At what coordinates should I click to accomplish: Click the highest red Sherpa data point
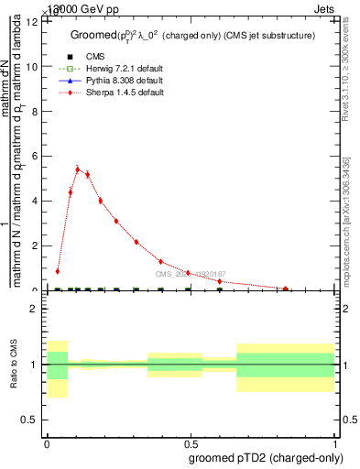[77, 169]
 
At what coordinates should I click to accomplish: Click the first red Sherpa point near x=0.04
[58, 271]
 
